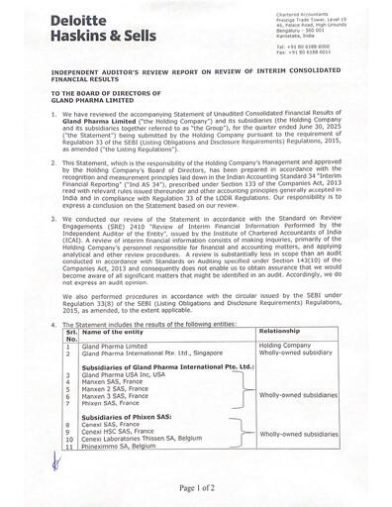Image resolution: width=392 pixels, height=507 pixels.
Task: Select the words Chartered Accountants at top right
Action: coord(309,7)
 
